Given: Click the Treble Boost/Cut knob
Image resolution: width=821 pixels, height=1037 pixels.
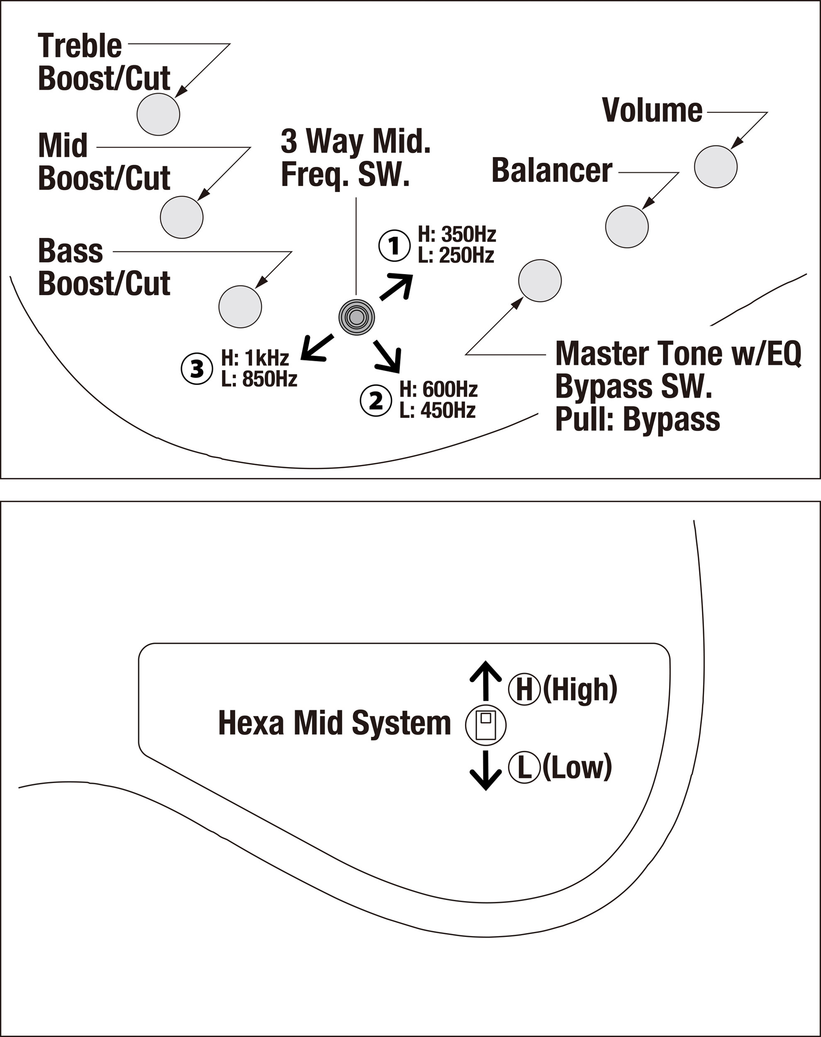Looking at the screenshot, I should point(158,114).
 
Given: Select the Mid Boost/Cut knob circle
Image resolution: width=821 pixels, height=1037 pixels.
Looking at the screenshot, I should point(182,217).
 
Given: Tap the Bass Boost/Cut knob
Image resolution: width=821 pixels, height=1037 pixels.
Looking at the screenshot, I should point(240,307).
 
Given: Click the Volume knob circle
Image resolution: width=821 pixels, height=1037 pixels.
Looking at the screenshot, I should point(715,166).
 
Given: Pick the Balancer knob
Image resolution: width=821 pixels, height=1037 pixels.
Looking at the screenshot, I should point(626,227).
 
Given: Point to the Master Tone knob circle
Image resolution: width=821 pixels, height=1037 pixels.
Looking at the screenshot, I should point(540,281).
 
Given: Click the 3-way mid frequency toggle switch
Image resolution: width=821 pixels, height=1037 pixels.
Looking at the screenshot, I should point(356,317).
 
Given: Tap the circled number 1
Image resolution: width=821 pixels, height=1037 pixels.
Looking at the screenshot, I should point(394,246).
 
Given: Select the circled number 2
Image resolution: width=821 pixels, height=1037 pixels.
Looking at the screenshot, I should point(375,401).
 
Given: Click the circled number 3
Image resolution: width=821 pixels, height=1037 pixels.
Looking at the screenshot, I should point(197,369).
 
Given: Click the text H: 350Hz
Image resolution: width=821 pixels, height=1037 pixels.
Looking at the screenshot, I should point(457,234).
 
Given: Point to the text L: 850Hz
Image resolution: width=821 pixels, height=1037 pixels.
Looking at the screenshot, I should point(259,380).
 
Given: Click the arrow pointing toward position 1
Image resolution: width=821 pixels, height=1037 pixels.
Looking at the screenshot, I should point(397,287).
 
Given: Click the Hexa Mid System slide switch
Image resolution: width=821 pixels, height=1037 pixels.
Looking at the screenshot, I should point(485,725).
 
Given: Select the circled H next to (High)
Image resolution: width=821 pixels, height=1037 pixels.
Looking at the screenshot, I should point(524,689).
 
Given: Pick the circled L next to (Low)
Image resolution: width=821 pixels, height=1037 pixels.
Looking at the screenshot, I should point(524,767).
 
